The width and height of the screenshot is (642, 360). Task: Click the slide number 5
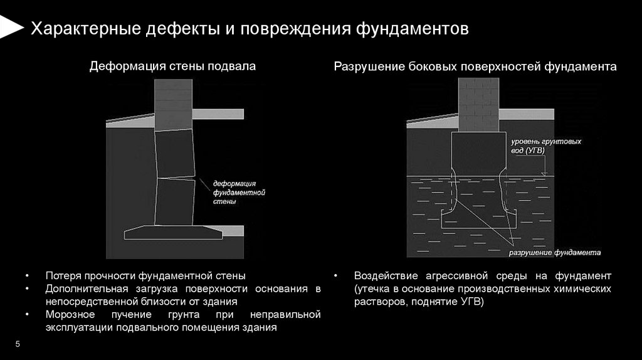[18, 344]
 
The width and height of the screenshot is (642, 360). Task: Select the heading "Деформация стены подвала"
[172, 66]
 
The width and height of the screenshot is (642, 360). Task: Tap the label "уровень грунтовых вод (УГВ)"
[545, 146]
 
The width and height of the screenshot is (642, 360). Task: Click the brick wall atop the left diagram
[172, 104]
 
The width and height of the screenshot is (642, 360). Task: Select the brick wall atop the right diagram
[478, 104]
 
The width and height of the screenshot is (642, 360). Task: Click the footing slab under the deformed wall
[174, 233]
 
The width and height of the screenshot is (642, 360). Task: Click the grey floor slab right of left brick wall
[217, 114]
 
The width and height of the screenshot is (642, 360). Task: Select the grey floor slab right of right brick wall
[527, 114]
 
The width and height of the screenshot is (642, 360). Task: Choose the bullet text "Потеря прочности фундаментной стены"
[145, 276]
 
